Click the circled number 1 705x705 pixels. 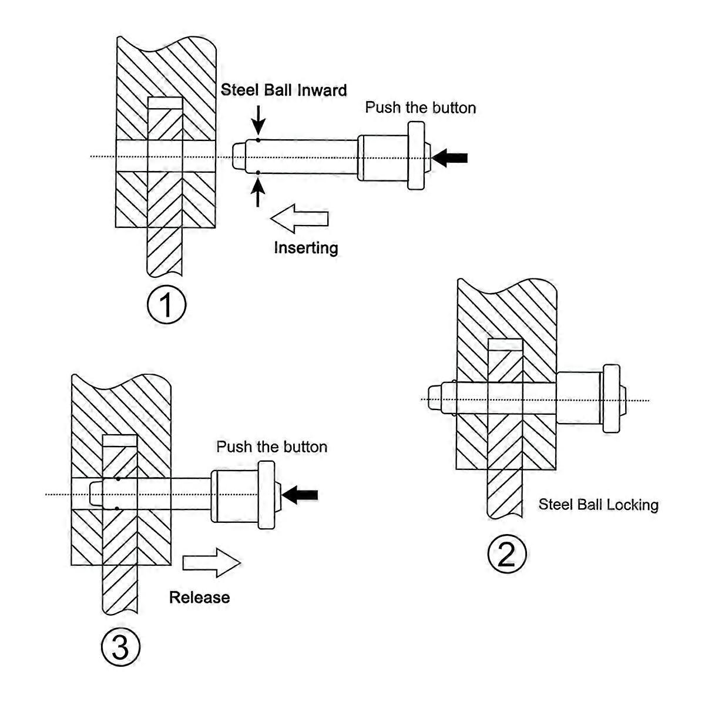click(x=166, y=304)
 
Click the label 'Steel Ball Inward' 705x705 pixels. click(x=283, y=90)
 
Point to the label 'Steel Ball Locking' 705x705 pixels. click(x=598, y=505)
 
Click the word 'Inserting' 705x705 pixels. click(x=306, y=247)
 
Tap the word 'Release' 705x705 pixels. click(x=199, y=597)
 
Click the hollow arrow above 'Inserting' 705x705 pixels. click(x=300, y=219)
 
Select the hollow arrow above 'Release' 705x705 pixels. click(x=211, y=563)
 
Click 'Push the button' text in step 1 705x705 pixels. click(x=420, y=108)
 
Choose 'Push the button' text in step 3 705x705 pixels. click(x=271, y=446)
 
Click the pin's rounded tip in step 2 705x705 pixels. click(x=435, y=399)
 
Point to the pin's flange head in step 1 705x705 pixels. click(x=417, y=156)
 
